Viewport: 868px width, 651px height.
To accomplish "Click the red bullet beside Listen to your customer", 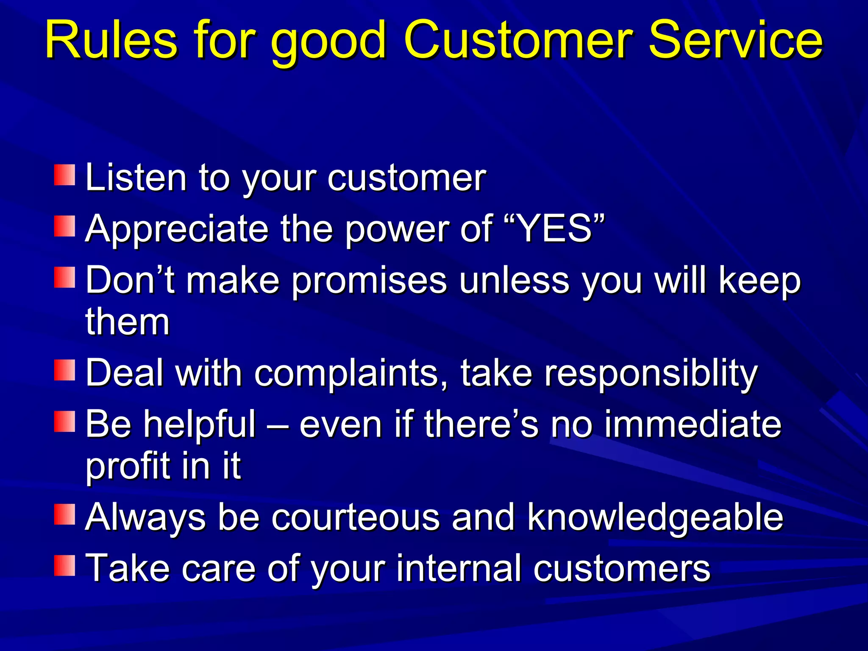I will pos(64,175).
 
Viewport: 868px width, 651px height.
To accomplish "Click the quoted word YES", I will pos(555,229).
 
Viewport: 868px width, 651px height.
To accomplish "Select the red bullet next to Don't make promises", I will pos(64,277).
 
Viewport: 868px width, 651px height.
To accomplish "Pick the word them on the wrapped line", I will pos(127,322).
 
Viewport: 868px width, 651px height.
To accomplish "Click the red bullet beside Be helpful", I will pos(64,421).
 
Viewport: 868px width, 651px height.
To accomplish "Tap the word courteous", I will pos(355,517).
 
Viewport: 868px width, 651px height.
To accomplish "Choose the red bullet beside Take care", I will pos(64,565).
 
